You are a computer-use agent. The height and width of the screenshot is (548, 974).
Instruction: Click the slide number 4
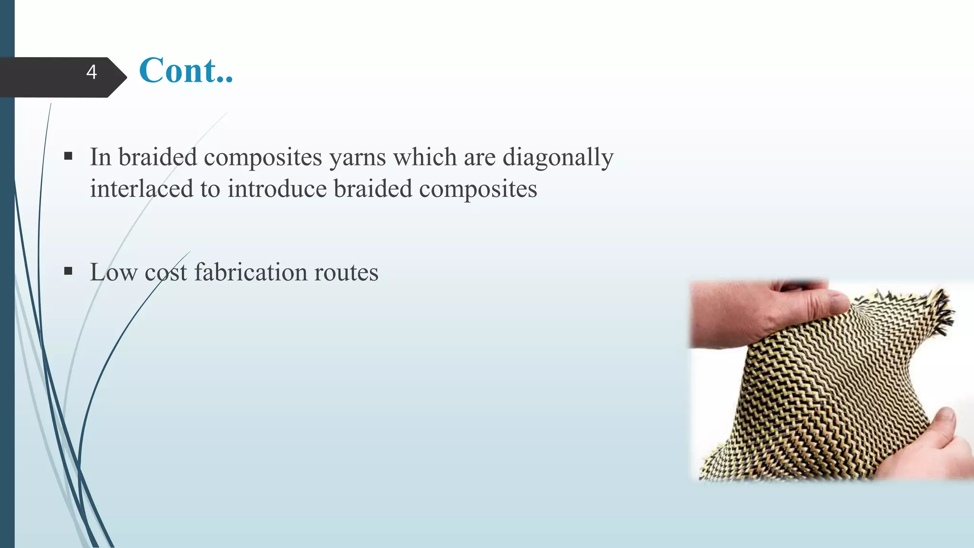tap(92, 72)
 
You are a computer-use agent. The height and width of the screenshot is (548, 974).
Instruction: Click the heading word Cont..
tap(185, 70)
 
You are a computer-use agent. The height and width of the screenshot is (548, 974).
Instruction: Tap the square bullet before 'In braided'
tap(68, 156)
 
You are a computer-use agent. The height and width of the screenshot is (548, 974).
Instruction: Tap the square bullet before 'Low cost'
tap(68, 271)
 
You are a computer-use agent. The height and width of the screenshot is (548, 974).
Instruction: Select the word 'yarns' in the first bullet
tap(357, 157)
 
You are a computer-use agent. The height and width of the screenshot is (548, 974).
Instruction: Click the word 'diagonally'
tap(558, 157)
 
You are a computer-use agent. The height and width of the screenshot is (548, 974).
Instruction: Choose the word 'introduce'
tap(277, 188)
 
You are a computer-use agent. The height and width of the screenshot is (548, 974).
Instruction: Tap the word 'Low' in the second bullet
tap(114, 272)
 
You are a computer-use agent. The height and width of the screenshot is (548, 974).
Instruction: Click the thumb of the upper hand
tap(828, 304)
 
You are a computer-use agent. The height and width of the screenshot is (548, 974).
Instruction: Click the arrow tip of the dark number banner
tap(125, 77)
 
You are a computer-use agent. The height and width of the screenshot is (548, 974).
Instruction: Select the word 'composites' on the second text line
tap(477, 189)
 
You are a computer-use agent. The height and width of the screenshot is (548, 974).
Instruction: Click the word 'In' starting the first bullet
tap(100, 157)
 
